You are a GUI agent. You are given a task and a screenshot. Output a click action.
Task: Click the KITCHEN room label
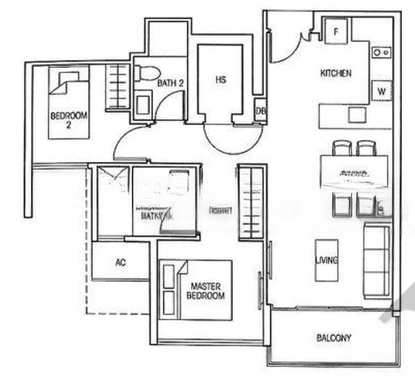(x=336, y=74)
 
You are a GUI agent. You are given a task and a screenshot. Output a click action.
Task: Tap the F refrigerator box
(x=336, y=29)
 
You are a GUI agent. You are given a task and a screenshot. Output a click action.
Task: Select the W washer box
(x=381, y=91)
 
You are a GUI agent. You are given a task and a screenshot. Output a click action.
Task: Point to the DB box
(x=260, y=110)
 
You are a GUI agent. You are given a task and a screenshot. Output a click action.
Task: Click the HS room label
(x=220, y=80)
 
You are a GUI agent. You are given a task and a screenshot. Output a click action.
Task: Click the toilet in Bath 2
(x=149, y=73)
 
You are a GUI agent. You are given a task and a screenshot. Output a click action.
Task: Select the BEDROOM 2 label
(x=69, y=119)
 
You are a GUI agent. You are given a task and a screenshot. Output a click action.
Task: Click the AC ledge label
(x=120, y=262)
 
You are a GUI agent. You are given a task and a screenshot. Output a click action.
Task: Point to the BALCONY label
(x=333, y=338)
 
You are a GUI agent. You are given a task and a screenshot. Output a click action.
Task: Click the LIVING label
(x=326, y=260)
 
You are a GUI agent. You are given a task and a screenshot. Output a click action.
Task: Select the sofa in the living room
(x=376, y=260)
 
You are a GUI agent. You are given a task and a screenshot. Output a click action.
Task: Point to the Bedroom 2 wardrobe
(x=118, y=87)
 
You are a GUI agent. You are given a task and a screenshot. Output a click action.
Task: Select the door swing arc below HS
(x=230, y=140)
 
